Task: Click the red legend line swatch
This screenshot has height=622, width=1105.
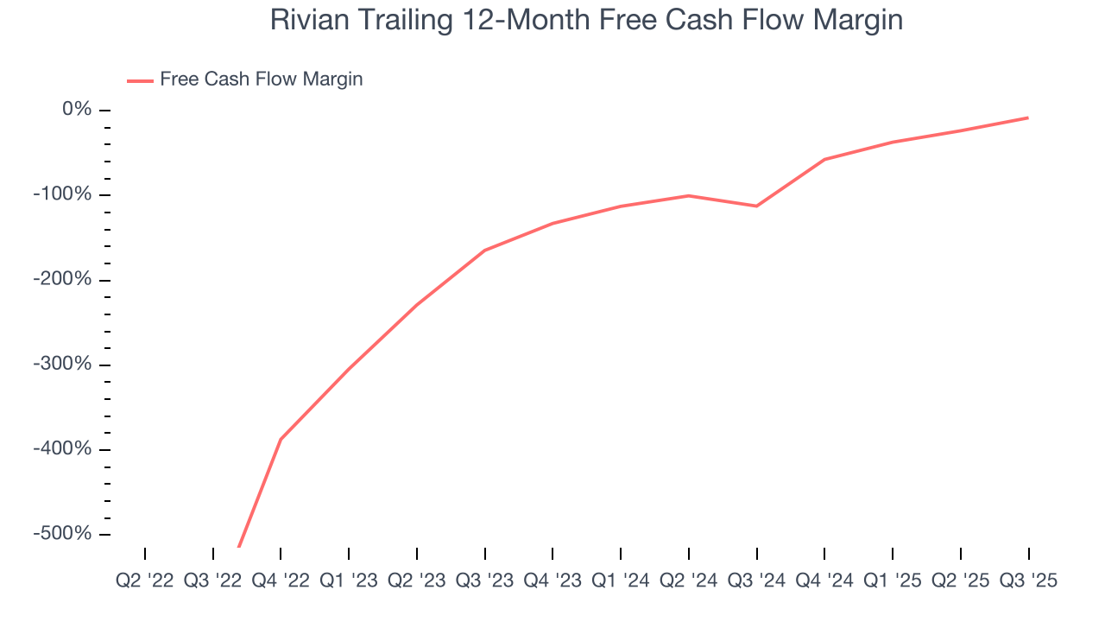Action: pyautogui.click(x=140, y=80)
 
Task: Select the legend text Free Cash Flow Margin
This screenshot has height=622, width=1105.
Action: pyautogui.click(x=261, y=79)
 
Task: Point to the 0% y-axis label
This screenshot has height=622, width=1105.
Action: pyautogui.click(x=76, y=110)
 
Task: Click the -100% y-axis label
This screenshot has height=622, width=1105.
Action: pyautogui.click(x=62, y=194)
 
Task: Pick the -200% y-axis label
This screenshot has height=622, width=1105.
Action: pyautogui.click(x=62, y=280)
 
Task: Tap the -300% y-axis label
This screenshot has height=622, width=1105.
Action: pyautogui.click(x=62, y=365)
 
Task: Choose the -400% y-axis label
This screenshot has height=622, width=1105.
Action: pyautogui.click(x=62, y=449)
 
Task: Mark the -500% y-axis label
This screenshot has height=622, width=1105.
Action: pyautogui.click(x=62, y=534)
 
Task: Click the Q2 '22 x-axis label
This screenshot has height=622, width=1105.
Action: pyautogui.click(x=145, y=581)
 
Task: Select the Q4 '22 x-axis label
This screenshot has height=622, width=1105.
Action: pyautogui.click(x=281, y=581)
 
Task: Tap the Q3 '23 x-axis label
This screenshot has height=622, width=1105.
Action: pyautogui.click(x=484, y=581)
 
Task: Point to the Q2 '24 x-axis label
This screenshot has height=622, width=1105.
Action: pyautogui.click(x=688, y=581)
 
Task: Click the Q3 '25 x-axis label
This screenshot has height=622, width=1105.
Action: pyautogui.click(x=1027, y=581)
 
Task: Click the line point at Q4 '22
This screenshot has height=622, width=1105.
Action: pyautogui.click(x=281, y=439)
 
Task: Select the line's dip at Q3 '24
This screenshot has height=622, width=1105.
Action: pyautogui.click(x=756, y=206)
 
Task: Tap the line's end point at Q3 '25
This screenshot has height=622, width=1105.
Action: pyautogui.click(x=1027, y=117)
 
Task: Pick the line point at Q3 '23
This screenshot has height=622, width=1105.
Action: pyautogui.click(x=484, y=251)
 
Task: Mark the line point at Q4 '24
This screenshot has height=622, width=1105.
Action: pyautogui.click(x=824, y=159)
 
